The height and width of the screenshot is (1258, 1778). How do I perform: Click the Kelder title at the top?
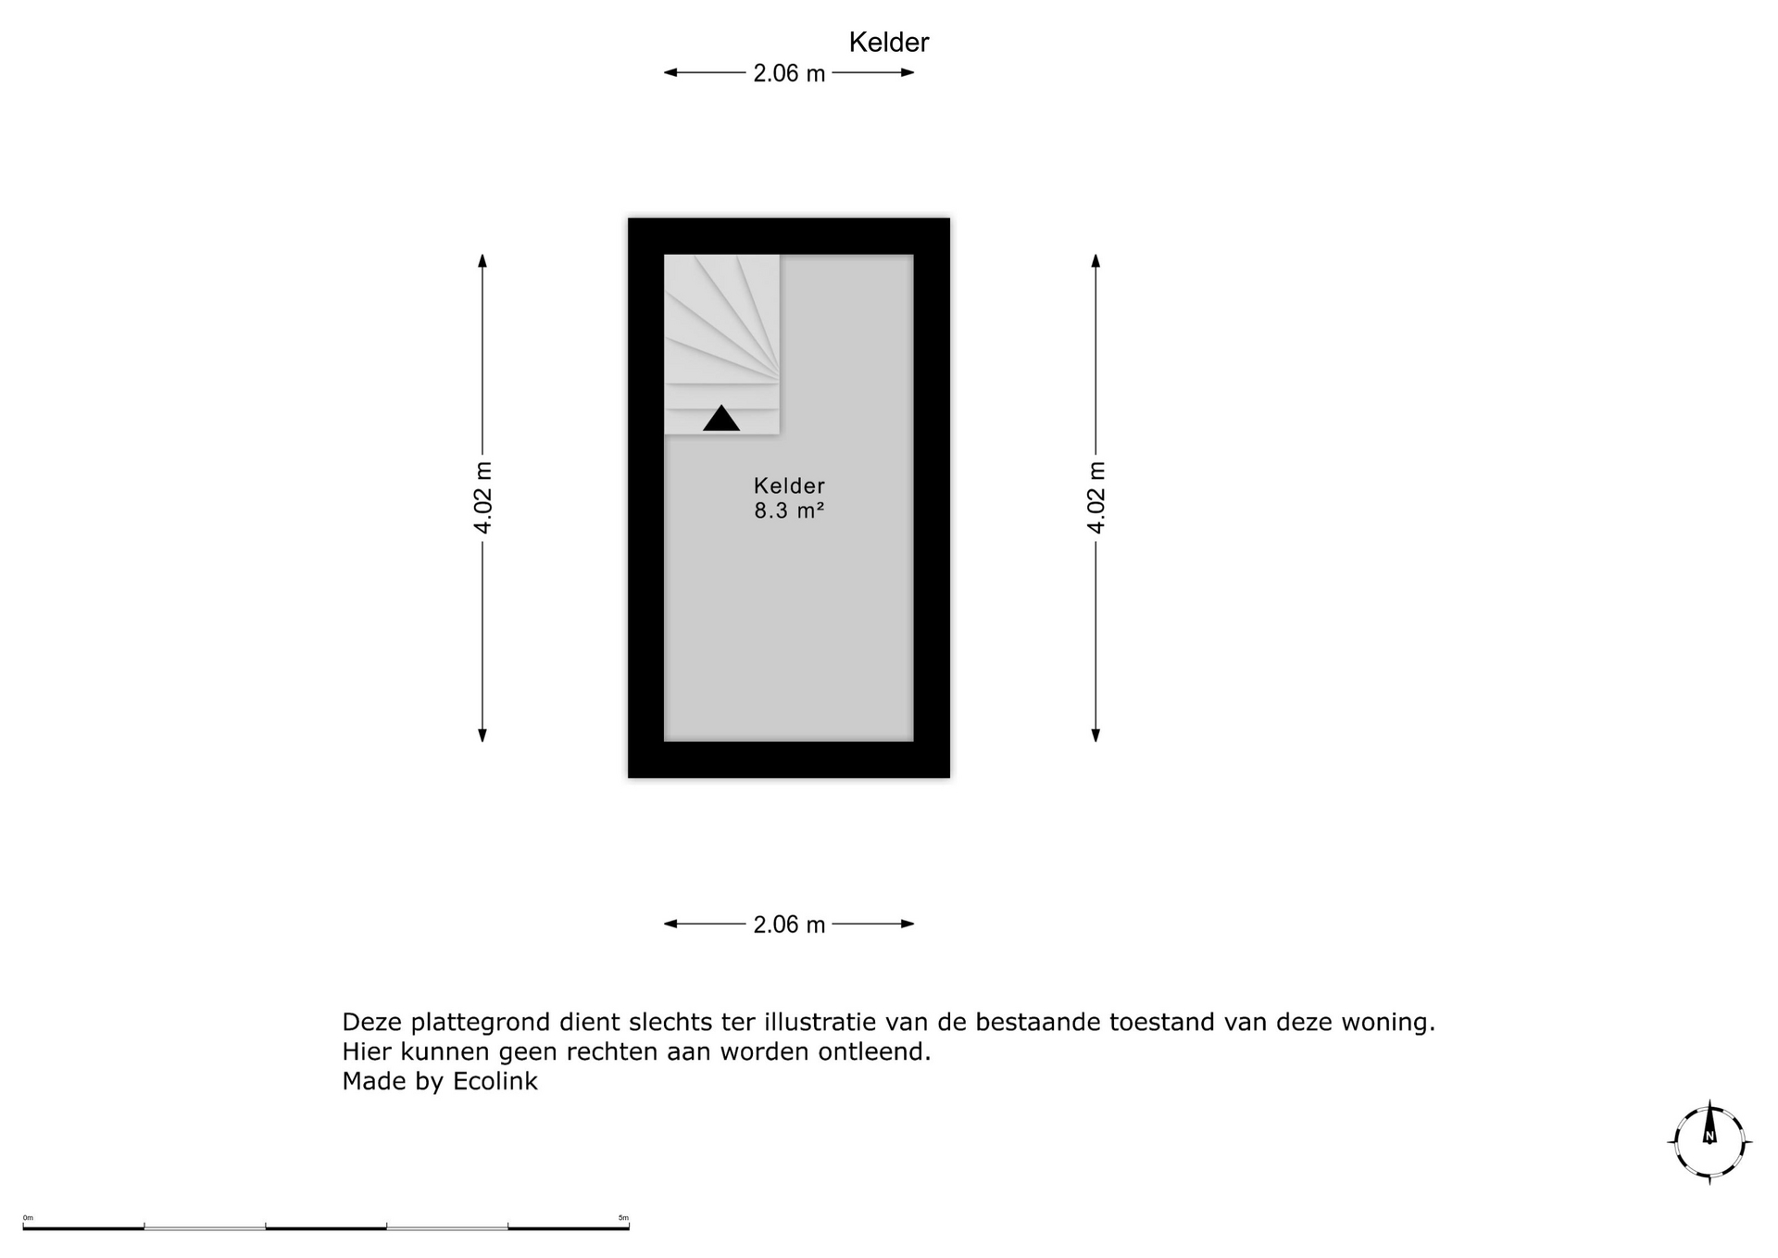coord(888,43)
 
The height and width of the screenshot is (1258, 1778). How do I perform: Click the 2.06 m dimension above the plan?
coord(788,73)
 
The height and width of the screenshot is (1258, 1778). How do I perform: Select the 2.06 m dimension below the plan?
coord(788,925)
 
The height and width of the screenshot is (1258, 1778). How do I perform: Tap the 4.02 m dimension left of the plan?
coord(482,497)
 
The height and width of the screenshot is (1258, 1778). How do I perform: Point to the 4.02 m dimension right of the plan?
coord(1096,497)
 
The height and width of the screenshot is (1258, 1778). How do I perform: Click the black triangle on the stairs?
coord(721,420)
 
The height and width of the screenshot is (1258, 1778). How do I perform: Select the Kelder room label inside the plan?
coord(789,485)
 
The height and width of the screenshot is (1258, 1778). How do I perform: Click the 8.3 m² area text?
coord(789,510)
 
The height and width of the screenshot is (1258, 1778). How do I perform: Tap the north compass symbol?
coord(1709,1142)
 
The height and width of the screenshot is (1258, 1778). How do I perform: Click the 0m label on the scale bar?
coord(28,1217)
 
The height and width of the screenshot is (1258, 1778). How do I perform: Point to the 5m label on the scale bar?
coord(623,1217)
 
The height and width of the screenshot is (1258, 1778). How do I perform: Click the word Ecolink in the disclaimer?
coord(495,1081)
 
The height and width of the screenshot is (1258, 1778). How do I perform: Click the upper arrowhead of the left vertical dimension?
coord(482,260)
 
